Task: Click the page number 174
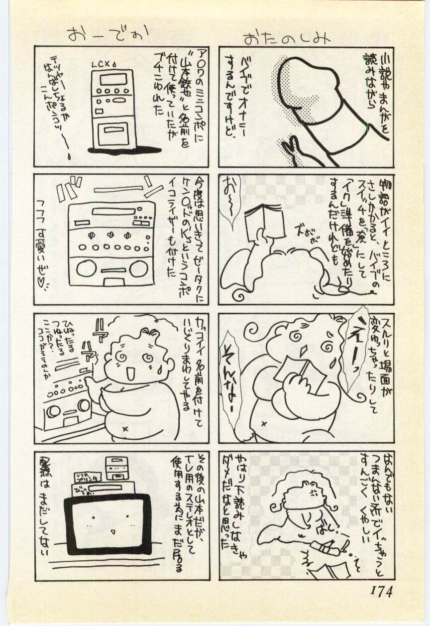click(x=381, y=591)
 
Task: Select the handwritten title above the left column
click(x=107, y=34)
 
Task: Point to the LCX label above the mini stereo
click(x=103, y=65)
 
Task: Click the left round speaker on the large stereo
click(x=83, y=268)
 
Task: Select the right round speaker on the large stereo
click(x=138, y=268)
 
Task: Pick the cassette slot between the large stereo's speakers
click(x=110, y=272)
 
